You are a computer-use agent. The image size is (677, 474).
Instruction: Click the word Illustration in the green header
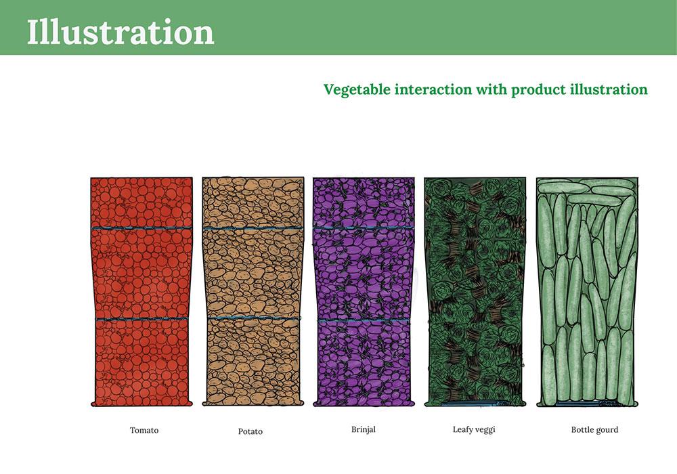(121, 32)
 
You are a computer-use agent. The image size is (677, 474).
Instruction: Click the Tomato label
(144, 430)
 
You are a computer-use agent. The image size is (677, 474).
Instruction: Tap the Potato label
(250, 431)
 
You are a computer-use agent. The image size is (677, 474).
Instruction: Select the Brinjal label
(364, 429)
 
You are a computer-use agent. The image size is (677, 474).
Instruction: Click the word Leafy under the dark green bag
(462, 429)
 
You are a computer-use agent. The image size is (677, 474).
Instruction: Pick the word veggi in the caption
(485, 430)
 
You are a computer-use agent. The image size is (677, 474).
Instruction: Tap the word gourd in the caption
(607, 430)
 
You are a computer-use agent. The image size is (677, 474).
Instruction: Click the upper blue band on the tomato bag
(141, 228)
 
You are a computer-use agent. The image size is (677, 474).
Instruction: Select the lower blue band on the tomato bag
(141, 319)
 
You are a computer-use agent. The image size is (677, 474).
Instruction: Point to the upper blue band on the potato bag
(253, 228)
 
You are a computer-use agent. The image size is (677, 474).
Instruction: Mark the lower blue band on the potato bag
(253, 318)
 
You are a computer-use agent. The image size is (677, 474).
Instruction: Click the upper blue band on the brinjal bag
(364, 228)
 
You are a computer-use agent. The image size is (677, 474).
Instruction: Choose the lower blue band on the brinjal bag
(364, 320)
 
